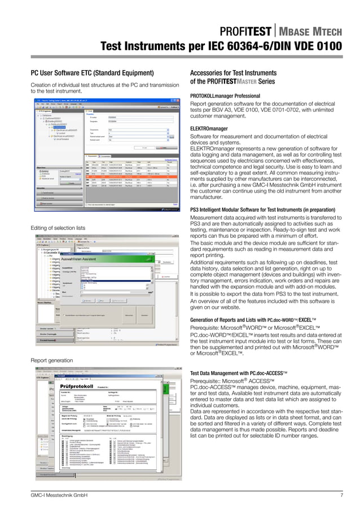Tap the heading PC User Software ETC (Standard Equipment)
[92, 72]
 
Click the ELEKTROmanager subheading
[209, 129]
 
